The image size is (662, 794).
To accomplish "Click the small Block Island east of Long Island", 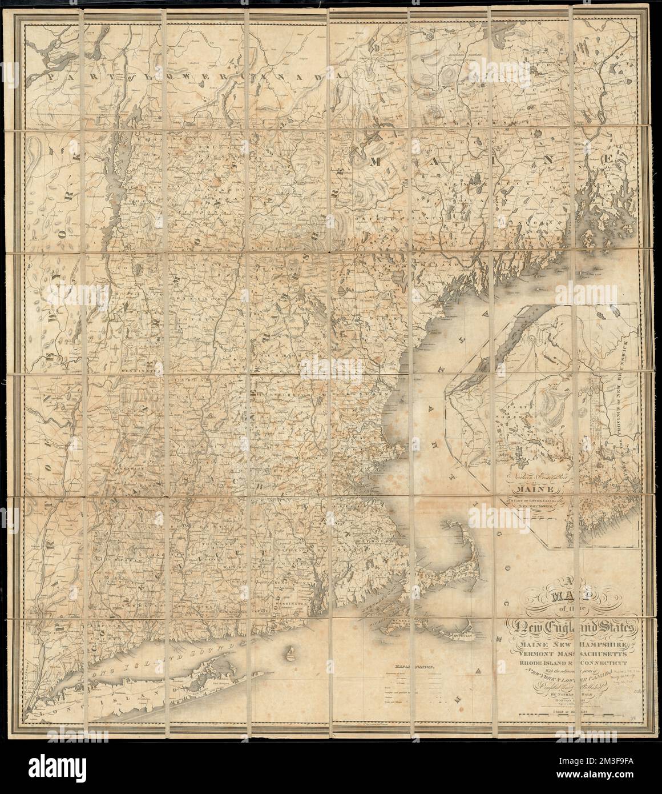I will [x=292, y=652].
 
